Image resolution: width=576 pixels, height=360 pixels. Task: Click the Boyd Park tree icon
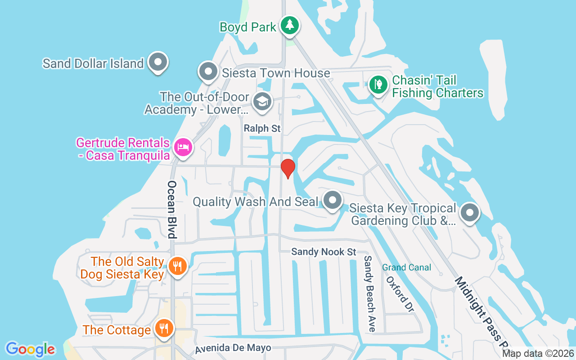pyautogui.click(x=290, y=25)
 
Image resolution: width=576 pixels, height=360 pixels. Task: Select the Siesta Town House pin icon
pyautogui.click(x=208, y=72)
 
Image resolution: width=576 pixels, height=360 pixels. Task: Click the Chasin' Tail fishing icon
pyautogui.click(x=378, y=85)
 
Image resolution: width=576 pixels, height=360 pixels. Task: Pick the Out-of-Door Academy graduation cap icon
pyautogui.click(x=262, y=101)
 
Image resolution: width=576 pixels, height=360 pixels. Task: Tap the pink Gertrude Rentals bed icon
pyautogui.click(x=183, y=147)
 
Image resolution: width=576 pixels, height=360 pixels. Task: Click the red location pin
pyautogui.click(x=288, y=168)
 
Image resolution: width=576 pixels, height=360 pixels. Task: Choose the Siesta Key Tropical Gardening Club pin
pyautogui.click(x=470, y=212)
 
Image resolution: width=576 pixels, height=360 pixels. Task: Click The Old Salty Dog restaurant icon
pyautogui.click(x=177, y=266)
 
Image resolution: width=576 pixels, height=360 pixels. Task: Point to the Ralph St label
pyautogui.click(x=262, y=129)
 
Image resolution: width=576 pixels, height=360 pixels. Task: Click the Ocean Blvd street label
pyautogui.click(x=172, y=209)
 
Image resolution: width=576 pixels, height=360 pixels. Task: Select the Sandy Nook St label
pyautogui.click(x=324, y=252)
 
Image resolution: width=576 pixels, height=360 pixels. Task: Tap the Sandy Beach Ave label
pyautogui.click(x=369, y=293)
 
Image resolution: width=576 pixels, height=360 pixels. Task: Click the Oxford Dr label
pyautogui.click(x=400, y=294)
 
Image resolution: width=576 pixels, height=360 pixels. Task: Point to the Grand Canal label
pyautogui.click(x=407, y=267)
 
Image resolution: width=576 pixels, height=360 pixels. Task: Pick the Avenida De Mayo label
pyautogui.click(x=233, y=348)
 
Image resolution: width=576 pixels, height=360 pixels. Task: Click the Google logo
pyautogui.click(x=30, y=349)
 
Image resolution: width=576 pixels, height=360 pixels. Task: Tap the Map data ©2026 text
pyautogui.click(x=538, y=354)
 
